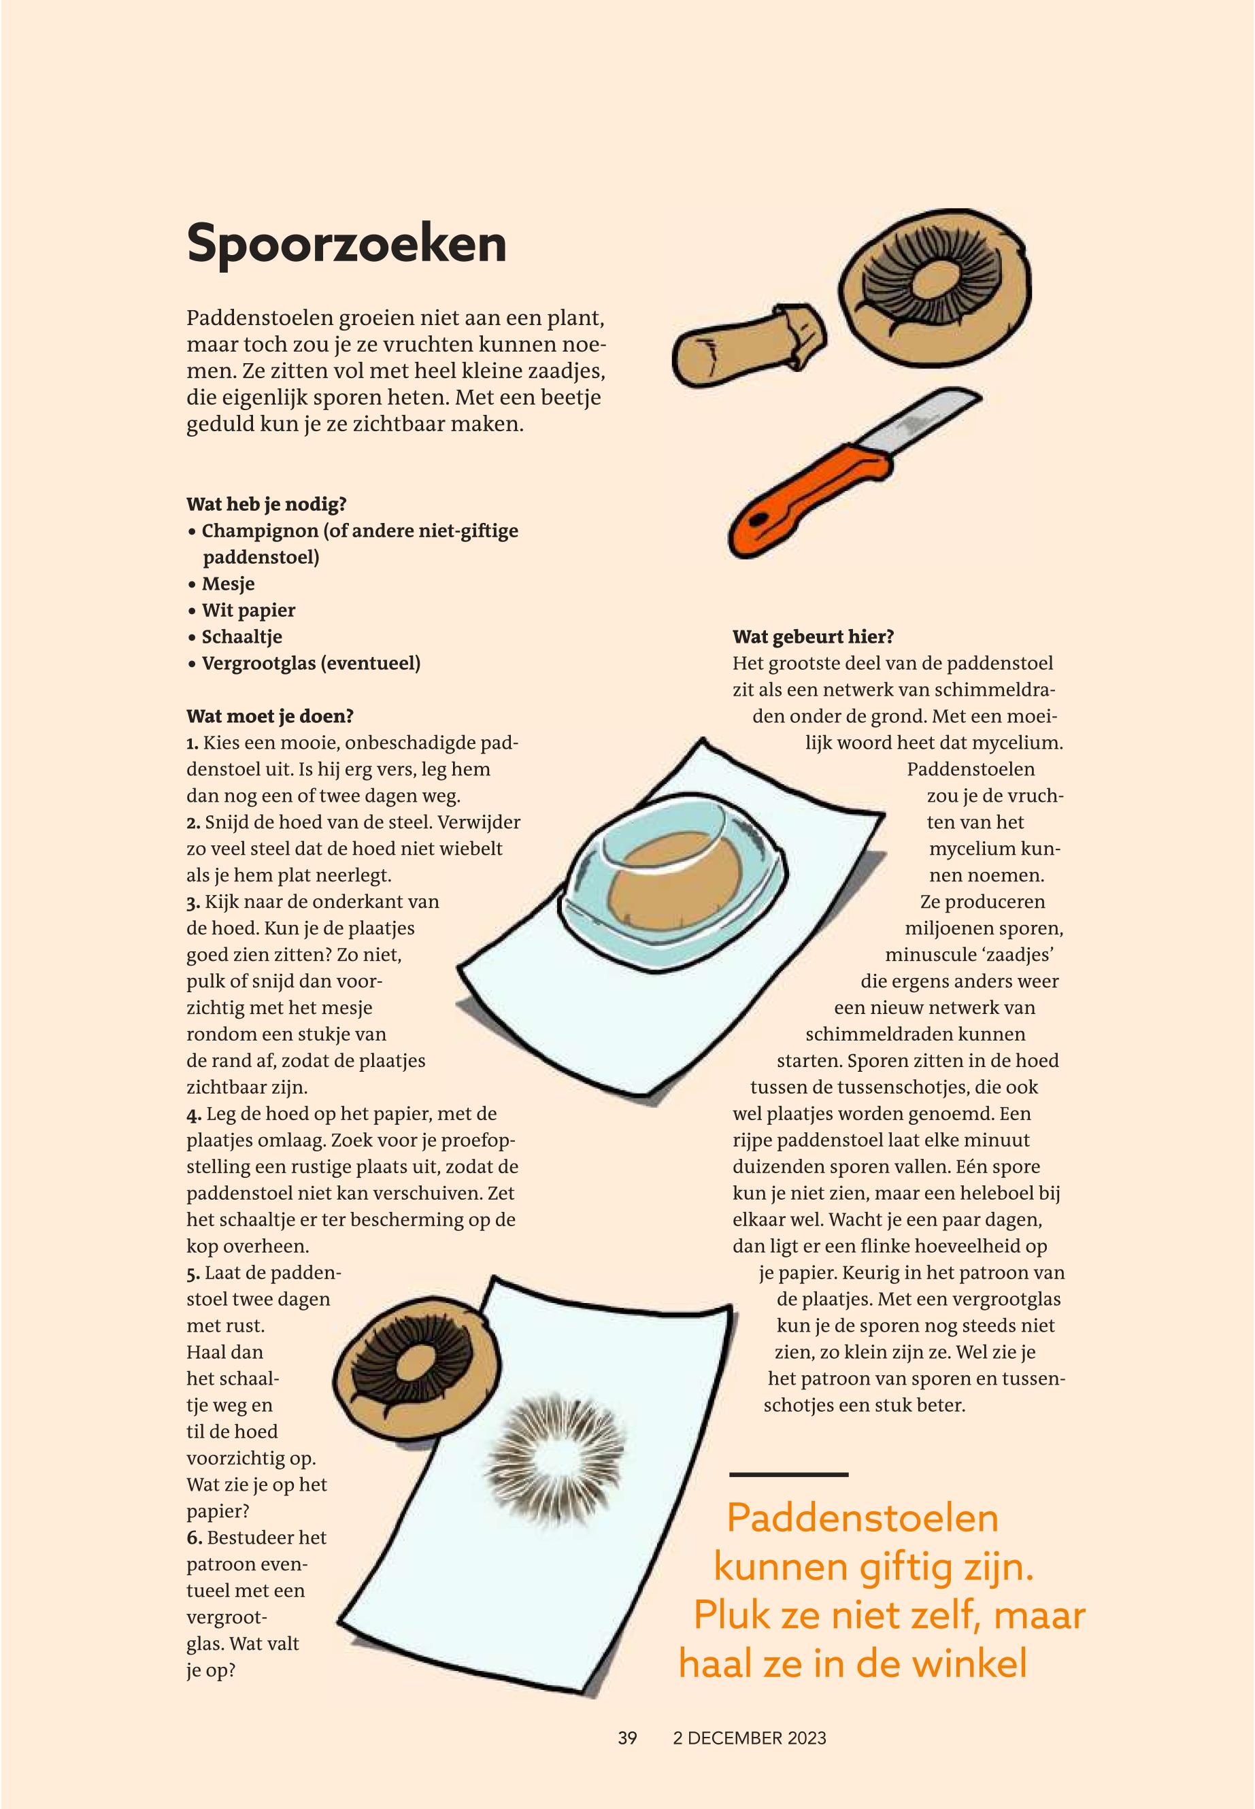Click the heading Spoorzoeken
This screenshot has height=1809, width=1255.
click(x=346, y=245)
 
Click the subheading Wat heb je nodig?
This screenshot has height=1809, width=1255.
click(x=267, y=504)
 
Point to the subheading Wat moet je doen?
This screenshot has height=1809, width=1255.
click(x=270, y=716)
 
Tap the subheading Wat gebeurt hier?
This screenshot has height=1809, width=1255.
click(x=813, y=636)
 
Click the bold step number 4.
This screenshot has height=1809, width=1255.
click(x=193, y=1115)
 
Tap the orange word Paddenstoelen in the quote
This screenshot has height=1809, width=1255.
click(x=863, y=1518)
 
